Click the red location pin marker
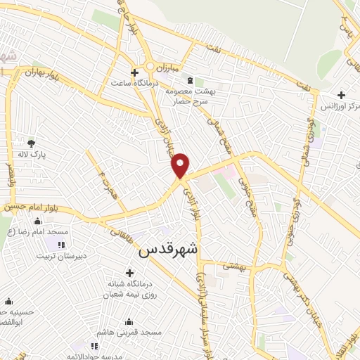(x=181, y=165)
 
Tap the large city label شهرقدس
(x=169, y=250)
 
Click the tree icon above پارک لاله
(x=31, y=143)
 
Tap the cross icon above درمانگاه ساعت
(x=134, y=72)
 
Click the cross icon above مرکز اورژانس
(x=341, y=95)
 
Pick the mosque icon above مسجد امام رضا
(x=37, y=221)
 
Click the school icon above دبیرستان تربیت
(x=60, y=245)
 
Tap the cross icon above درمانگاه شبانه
(x=129, y=273)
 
